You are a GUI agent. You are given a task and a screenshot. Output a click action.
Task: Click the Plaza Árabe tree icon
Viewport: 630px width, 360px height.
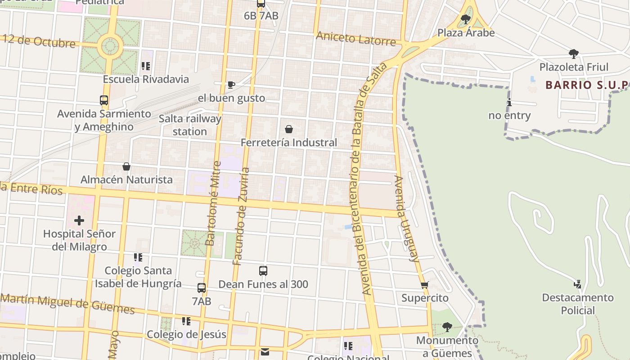coord(466,19)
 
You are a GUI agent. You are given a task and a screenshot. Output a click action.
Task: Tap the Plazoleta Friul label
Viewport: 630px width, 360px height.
coord(574,67)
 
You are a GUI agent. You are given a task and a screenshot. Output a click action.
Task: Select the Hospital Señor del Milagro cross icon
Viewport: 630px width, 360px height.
coord(79,220)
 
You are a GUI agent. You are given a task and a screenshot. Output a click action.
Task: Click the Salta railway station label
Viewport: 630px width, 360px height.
coord(190,125)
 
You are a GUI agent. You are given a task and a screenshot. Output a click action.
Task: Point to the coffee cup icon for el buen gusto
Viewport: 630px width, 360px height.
coord(231,85)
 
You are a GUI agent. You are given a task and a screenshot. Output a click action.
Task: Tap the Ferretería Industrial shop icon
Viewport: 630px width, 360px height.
coord(289,130)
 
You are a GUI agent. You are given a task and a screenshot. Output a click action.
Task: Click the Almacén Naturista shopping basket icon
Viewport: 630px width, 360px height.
coord(126,166)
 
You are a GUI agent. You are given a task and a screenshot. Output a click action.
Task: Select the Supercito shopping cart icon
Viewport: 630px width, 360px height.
coord(424,285)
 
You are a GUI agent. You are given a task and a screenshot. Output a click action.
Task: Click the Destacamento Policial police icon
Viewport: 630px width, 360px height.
coord(577,284)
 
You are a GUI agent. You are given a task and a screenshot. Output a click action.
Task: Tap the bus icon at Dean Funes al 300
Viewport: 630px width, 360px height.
coord(263,271)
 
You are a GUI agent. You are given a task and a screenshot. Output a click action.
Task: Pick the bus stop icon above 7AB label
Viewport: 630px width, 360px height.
coord(202,288)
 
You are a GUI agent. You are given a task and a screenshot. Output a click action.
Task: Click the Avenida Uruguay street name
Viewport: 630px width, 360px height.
coord(406,218)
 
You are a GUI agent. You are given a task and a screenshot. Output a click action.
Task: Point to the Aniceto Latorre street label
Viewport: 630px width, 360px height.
coord(355,39)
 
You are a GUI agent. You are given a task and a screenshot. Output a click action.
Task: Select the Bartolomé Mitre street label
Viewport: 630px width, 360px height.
coord(213,203)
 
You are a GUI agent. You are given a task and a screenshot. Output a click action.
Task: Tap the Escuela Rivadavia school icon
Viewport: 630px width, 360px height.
coord(145,66)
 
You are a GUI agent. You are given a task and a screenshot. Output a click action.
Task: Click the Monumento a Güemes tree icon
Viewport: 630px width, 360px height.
coord(447,327)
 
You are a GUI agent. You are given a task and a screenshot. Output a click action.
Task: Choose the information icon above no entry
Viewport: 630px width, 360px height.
coord(509,102)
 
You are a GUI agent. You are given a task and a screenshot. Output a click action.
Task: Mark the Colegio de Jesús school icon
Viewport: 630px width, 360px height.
coord(186,321)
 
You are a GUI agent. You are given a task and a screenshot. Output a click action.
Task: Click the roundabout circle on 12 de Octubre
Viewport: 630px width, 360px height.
coord(110,45)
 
